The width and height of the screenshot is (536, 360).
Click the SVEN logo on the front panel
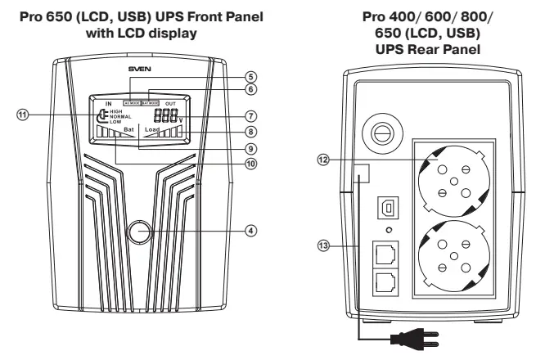pos(139,71)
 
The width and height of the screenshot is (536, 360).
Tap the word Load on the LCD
pos(152,130)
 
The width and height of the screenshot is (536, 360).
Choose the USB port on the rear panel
pos(381,207)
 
